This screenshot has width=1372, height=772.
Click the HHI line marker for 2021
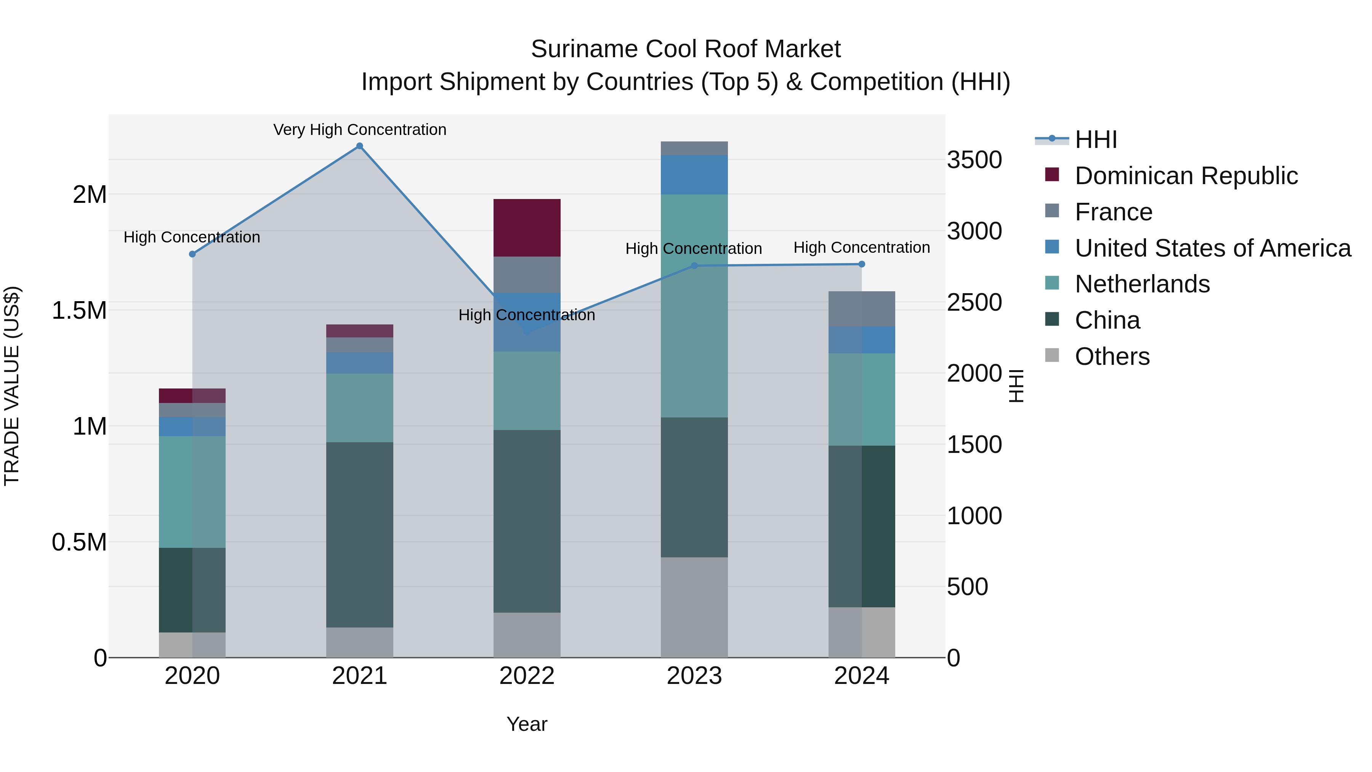coord(359,146)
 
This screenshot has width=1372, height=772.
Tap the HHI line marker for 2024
coord(862,264)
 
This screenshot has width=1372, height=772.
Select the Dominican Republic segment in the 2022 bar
coord(527,228)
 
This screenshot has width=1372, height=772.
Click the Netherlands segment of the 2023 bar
coord(694,306)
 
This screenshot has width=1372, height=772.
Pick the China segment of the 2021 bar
coord(359,534)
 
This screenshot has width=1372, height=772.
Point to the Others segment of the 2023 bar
coord(694,607)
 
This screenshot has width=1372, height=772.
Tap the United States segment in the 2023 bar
coord(694,175)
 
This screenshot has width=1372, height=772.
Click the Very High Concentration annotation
coord(359,130)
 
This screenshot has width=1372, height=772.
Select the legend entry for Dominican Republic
coord(1186,176)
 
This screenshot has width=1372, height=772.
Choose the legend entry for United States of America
coord(1212,248)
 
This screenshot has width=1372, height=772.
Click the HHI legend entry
coord(1095,140)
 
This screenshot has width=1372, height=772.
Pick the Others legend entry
coord(1112,356)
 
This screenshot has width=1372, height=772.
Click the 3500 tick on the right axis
coord(974,160)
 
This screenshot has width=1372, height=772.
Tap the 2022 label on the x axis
coord(527,676)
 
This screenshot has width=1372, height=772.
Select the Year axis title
coord(527,724)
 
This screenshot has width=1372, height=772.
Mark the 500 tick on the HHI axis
coord(967,587)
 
